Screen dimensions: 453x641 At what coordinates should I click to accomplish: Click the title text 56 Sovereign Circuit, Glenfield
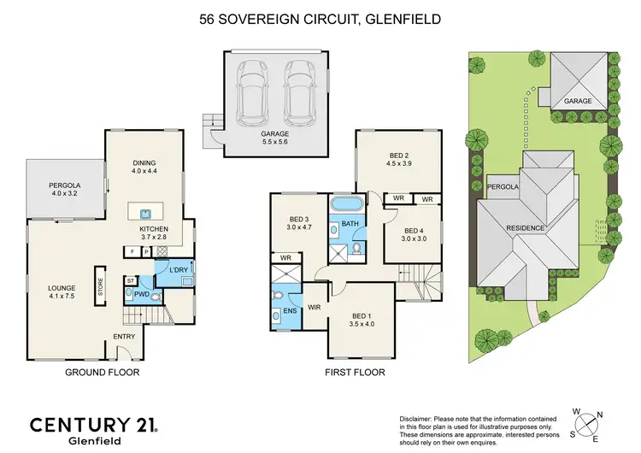[x=320, y=18]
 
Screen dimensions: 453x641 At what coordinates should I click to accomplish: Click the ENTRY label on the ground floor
[x=125, y=336]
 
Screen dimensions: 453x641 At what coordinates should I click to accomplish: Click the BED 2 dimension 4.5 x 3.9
[x=399, y=163]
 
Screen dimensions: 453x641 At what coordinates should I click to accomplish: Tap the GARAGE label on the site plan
[x=579, y=100]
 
